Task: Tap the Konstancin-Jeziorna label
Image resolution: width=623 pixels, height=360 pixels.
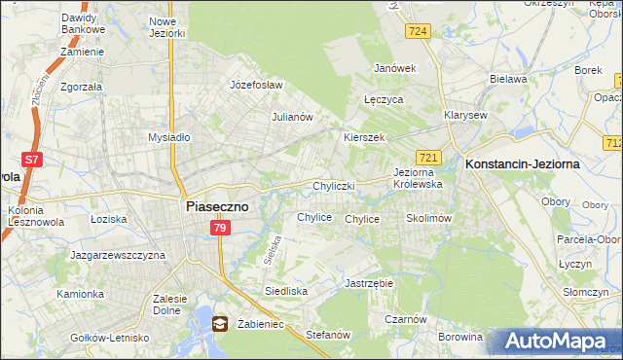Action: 523,164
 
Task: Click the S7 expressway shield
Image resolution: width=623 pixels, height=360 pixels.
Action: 32,159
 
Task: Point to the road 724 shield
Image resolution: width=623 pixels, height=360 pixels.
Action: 419,32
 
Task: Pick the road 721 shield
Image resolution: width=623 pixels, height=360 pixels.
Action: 429,157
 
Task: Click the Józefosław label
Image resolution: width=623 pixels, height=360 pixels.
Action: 255,85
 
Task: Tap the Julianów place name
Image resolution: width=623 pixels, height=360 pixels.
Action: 291,117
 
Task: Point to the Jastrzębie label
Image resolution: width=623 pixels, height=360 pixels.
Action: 368,283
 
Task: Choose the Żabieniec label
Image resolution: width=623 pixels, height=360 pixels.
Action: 259,324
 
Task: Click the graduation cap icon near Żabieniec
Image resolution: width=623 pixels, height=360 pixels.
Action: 220,324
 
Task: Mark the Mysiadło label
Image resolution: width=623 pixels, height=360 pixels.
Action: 168,137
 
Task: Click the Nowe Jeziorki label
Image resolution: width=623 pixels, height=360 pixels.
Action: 167,26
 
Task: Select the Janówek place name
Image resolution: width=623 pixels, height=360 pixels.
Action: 395,68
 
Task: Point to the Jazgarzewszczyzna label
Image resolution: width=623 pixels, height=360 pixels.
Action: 118,255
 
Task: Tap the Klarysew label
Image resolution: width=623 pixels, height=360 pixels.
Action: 465,114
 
